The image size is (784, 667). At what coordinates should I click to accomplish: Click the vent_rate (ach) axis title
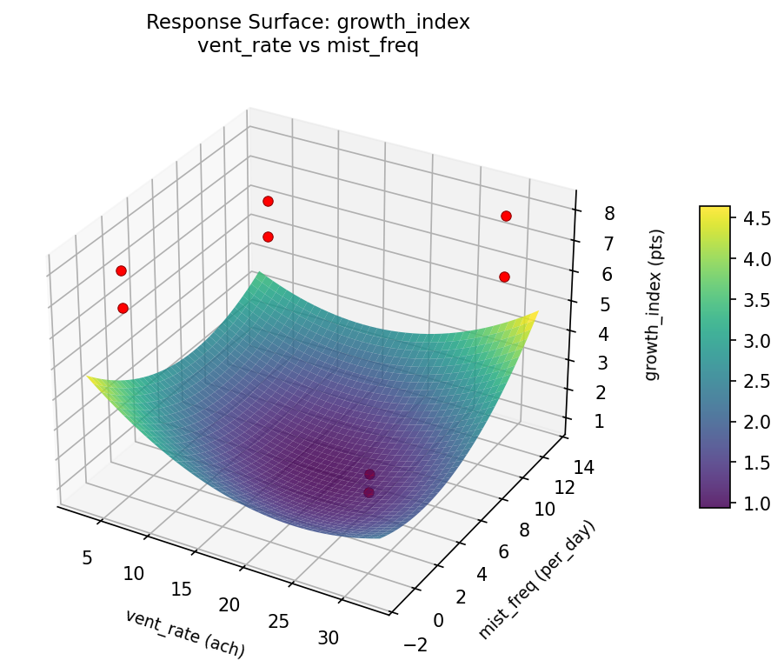(184, 633)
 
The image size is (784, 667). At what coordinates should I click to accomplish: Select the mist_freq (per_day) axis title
(538, 580)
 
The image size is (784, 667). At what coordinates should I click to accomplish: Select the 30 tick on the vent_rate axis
(329, 637)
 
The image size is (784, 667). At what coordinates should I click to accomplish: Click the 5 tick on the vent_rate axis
(87, 557)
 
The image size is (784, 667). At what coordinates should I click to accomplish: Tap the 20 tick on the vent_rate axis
(229, 604)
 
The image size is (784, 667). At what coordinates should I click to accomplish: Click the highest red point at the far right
(506, 216)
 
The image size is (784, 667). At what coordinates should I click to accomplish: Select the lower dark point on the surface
(369, 492)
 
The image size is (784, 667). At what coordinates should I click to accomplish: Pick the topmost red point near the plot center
(268, 201)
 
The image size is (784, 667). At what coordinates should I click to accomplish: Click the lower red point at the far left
(123, 308)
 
